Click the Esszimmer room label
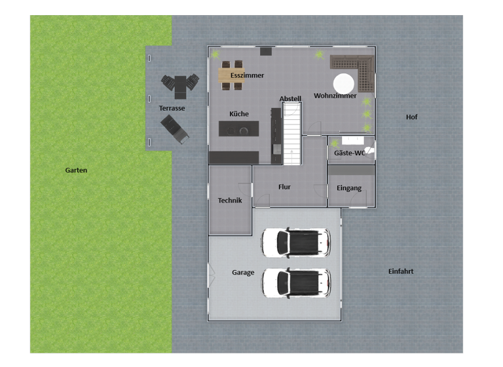click(x=247, y=75)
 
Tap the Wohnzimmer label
click(x=335, y=96)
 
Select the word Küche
click(x=238, y=114)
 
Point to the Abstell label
click(x=290, y=99)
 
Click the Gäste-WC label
click(x=349, y=153)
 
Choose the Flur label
click(x=284, y=187)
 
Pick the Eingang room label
click(x=349, y=188)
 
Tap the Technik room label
click(x=230, y=201)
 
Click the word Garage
click(x=243, y=273)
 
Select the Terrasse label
click(x=172, y=108)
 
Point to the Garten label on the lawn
click(x=76, y=170)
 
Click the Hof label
click(x=411, y=117)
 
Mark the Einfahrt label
click(x=401, y=271)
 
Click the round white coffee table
click(x=344, y=83)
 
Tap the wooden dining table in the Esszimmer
click(x=231, y=75)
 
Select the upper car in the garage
click(x=295, y=242)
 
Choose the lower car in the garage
click(x=295, y=282)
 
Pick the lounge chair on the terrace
click(x=175, y=128)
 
